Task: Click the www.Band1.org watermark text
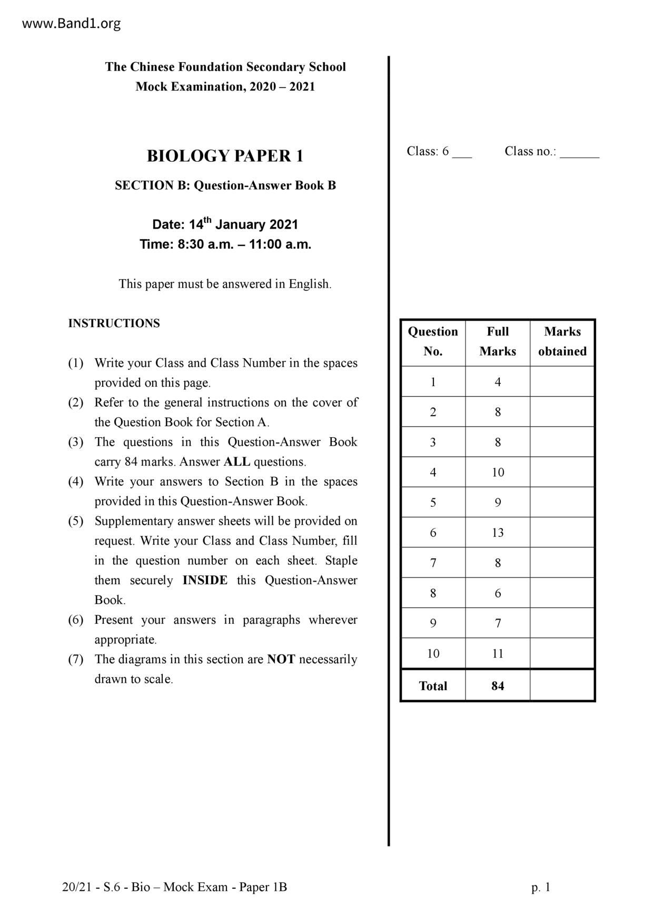72,24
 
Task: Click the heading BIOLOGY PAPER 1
225,156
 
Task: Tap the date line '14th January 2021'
225,224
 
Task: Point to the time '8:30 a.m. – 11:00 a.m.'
225,244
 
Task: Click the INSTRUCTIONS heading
114,323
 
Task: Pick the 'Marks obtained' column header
562,341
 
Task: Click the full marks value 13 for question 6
498,533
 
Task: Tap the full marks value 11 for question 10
498,654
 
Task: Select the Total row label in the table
433,686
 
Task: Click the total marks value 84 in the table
498,686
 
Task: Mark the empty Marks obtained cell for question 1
562,382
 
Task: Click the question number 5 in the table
433,503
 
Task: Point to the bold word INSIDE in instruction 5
205,581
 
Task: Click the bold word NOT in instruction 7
281,660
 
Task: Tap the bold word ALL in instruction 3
237,462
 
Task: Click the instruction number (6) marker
76,620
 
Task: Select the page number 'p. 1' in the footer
541,888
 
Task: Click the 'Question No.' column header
433,341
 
